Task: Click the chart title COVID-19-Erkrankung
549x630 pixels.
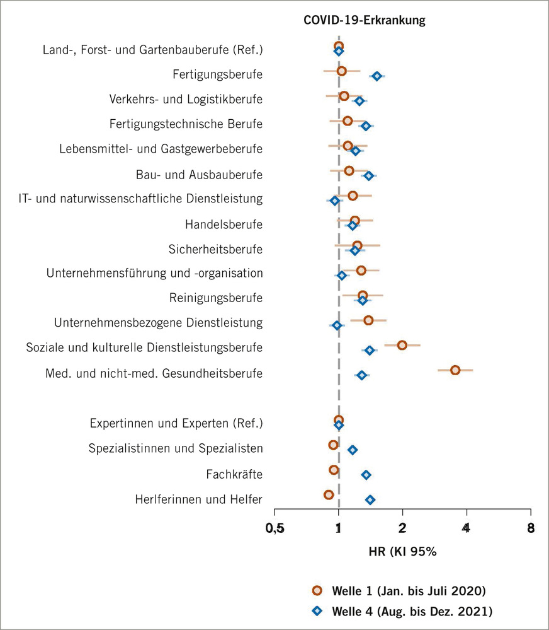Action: [x=365, y=20]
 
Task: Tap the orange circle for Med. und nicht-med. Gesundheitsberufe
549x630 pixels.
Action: [x=455, y=370]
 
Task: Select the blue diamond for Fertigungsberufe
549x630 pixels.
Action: [x=376, y=76]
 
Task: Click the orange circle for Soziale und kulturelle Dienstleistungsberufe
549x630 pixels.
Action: [x=402, y=345]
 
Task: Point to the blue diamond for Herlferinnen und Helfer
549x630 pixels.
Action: [x=370, y=499]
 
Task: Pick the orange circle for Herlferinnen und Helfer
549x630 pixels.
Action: [x=329, y=494]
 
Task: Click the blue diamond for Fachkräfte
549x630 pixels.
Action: [x=366, y=475]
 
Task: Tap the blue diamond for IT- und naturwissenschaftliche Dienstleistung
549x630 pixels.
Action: [x=334, y=201]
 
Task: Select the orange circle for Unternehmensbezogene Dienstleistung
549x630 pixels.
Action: [x=368, y=320]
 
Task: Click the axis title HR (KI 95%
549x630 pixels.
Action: [x=402, y=551]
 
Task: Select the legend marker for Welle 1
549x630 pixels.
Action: [x=317, y=590]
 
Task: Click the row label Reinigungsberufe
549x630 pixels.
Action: [x=215, y=297]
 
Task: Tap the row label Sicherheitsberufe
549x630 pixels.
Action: [x=215, y=248]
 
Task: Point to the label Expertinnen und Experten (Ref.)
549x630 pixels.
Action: [x=176, y=423]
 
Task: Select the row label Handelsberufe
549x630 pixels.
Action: [x=224, y=224]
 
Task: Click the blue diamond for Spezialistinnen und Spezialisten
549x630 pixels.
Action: [x=353, y=450]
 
